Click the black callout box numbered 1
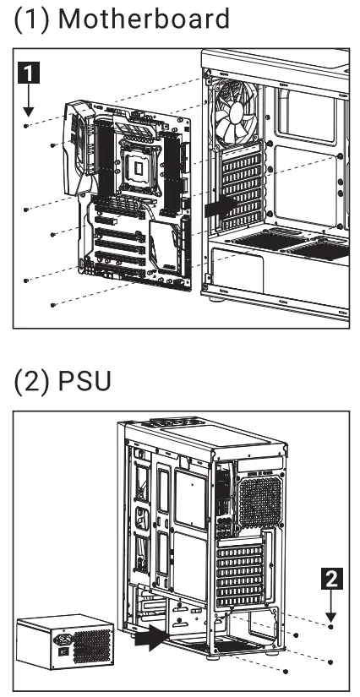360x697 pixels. tap(28, 73)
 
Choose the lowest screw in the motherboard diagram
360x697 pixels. tap(53, 303)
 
